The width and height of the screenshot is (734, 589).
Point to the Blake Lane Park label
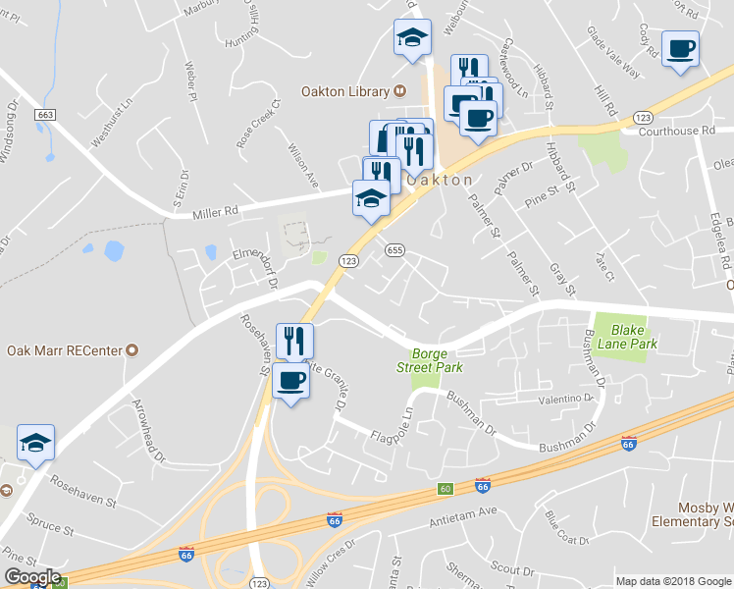coord(634,338)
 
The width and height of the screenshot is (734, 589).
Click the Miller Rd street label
coord(216,210)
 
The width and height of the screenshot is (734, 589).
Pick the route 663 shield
coord(44,115)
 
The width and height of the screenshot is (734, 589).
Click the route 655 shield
coord(394,250)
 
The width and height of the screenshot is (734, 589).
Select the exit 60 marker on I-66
coord(445,489)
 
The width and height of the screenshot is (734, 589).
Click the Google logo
coord(32,578)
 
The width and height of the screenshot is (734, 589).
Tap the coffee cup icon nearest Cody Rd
coord(680,49)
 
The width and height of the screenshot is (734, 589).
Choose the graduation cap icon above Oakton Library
coord(412,38)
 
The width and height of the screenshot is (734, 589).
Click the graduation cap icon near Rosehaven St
coord(35,444)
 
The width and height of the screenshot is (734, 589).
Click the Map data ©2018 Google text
coord(673,581)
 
